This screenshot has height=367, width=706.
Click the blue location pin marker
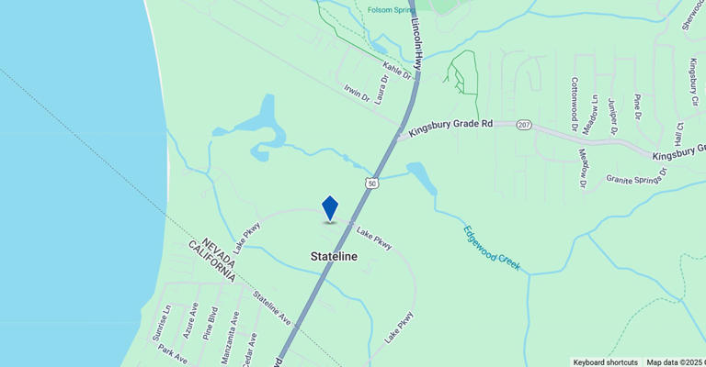coord(330,209)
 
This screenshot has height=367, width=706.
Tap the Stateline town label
coord(334,257)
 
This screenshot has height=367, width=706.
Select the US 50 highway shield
coord(370,183)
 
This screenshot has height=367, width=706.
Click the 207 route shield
coord(524,125)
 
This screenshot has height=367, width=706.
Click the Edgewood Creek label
coord(492,248)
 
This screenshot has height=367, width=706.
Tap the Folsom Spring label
coord(393,10)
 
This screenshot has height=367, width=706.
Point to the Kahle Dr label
coord(397,69)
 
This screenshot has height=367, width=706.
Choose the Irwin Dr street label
coord(357,92)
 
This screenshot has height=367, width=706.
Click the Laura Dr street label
coord(382,91)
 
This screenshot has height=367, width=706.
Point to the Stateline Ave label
coord(271,308)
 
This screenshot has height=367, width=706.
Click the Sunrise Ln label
coord(166,320)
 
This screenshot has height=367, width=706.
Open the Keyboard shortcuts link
coord(605,361)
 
